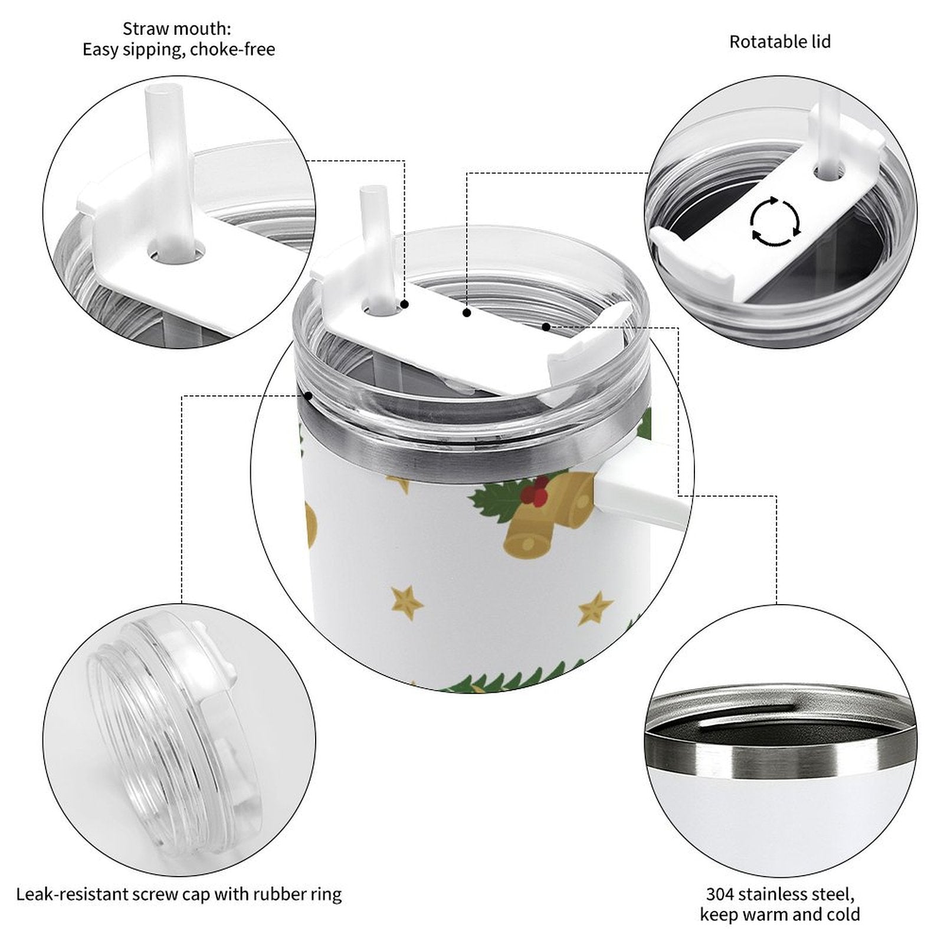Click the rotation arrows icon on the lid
[x=775, y=222]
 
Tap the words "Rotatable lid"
[x=780, y=42]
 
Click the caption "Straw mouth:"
[x=177, y=28]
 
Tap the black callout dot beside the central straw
[x=405, y=304]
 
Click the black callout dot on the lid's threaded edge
[x=308, y=395]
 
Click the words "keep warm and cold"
[x=780, y=914]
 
